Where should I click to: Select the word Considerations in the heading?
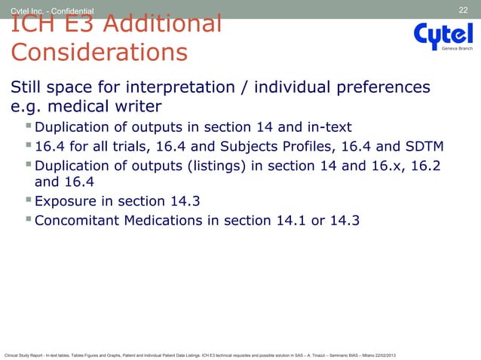point(98,53)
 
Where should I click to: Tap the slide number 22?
point(464,9)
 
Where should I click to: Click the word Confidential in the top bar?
point(69,10)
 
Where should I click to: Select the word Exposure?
point(69,201)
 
